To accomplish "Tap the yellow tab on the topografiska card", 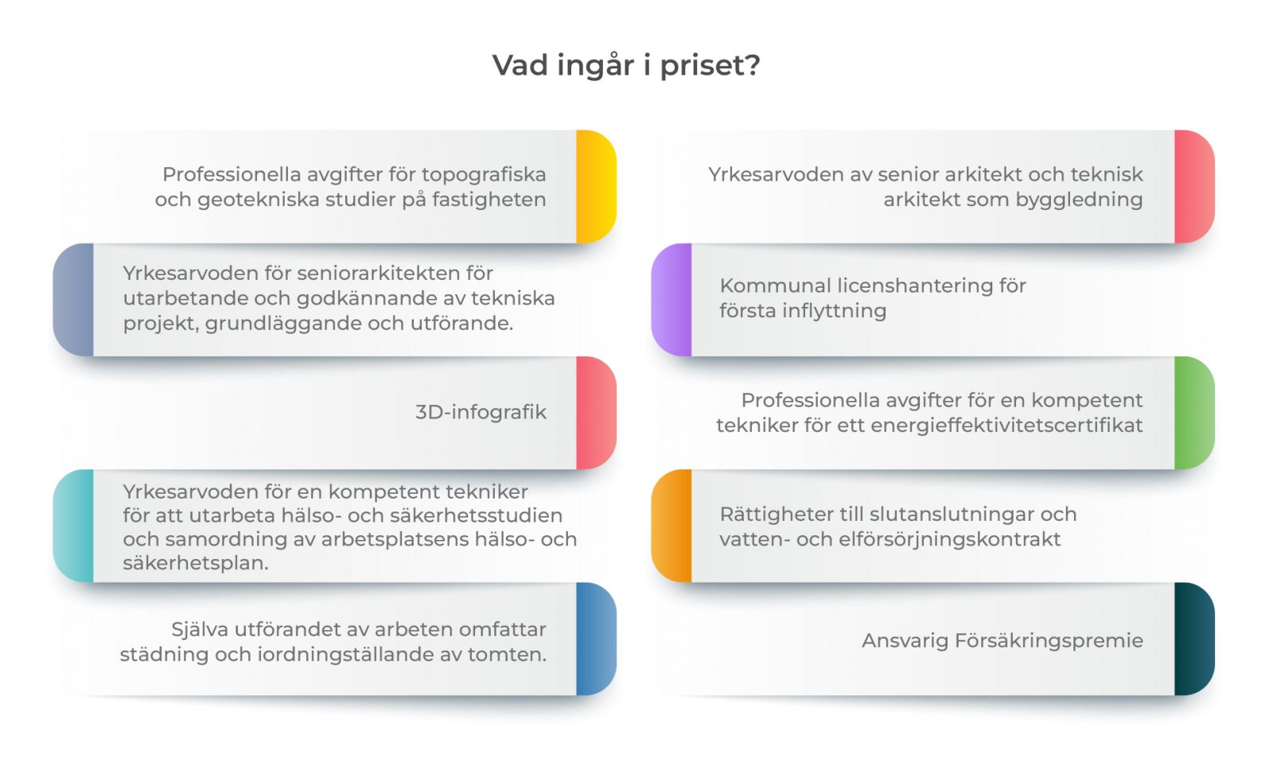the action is pyautogui.click(x=596, y=187).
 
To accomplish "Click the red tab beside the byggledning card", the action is pyautogui.click(x=1194, y=187).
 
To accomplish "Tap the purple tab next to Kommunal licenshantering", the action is pyautogui.click(x=672, y=300).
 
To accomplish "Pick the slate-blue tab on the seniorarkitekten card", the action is pyautogui.click(x=73, y=300).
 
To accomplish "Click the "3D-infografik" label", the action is pyautogui.click(x=481, y=412).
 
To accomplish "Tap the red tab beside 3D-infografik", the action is pyautogui.click(x=596, y=413).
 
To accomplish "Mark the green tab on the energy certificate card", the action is pyautogui.click(x=1194, y=413).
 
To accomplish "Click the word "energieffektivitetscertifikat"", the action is pyautogui.click(x=1006, y=425).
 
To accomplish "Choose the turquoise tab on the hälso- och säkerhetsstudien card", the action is pyautogui.click(x=73, y=526).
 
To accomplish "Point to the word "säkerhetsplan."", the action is pyautogui.click(x=196, y=563).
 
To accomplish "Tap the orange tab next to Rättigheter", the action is pyautogui.click(x=672, y=526).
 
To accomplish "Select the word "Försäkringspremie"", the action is pyautogui.click(x=1049, y=641).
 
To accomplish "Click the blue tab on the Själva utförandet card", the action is pyautogui.click(x=596, y=639).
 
